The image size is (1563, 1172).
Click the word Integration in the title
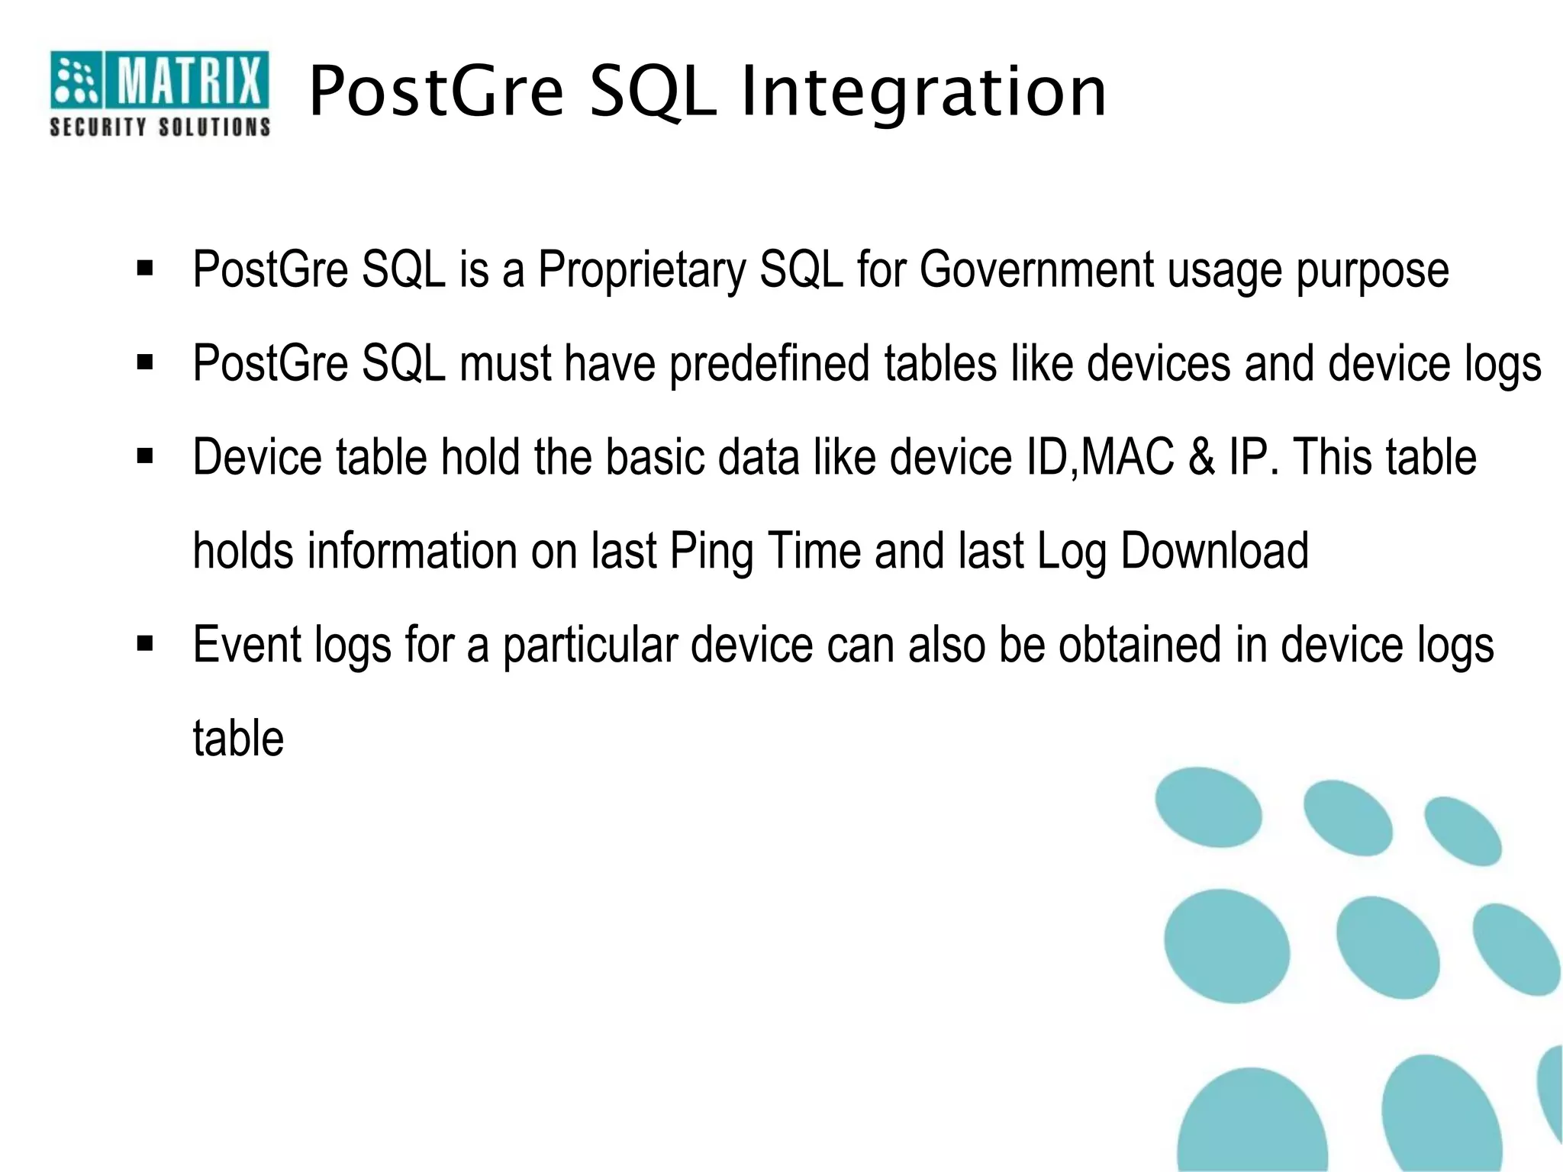pos(923,92)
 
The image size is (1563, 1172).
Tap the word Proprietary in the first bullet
pos(642,270)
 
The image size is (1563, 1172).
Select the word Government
pos(1036,270)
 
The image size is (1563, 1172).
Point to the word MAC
pos(1127,458)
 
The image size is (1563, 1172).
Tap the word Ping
pos(711,552)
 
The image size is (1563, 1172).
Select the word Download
pos(1214,551)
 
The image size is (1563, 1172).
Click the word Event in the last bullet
pos(246,645)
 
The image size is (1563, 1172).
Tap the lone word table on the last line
pos(238,739)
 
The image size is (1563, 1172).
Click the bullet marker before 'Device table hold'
pos(145,457)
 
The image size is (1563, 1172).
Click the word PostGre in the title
pos(437,92)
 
